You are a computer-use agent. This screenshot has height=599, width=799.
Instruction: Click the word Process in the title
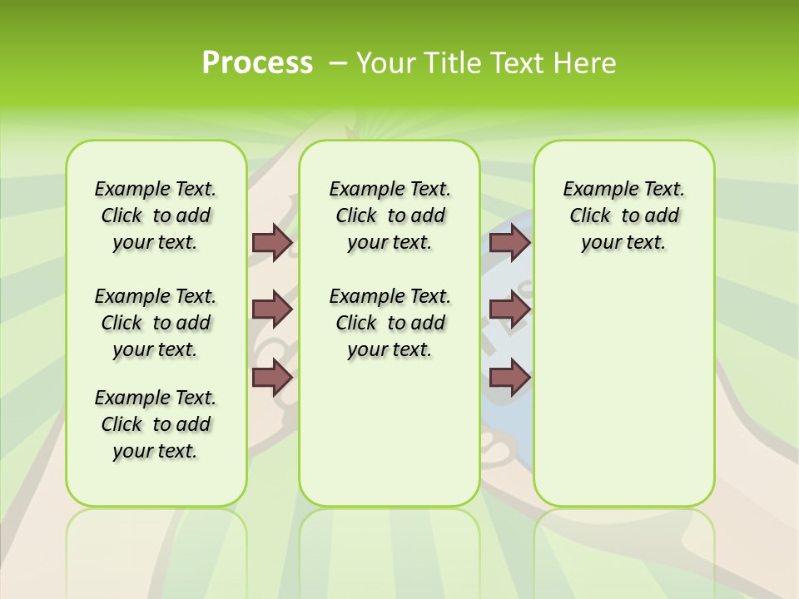point(257,62)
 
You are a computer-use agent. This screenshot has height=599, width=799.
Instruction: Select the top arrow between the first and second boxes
point(272,243)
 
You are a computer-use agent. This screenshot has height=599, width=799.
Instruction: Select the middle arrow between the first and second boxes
point(272,309)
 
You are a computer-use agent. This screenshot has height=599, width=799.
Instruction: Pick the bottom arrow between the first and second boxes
point(272,377)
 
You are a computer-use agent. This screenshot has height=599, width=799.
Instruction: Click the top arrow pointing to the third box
point(509,243)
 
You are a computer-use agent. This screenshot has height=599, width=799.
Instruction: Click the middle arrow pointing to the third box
point(509,309)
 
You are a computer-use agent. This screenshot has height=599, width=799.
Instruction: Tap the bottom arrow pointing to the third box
point(509,377)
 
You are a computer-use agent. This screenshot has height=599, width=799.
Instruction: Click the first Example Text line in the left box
point(156,189)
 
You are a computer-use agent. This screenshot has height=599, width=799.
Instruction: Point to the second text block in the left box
point(156,323)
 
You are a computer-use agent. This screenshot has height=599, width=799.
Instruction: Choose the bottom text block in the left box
point(156,424)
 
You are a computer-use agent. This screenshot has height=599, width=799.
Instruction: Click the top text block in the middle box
point(390,215)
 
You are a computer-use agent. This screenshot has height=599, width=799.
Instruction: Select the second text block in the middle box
point(390,323)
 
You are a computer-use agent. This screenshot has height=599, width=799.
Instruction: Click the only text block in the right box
point(623,215)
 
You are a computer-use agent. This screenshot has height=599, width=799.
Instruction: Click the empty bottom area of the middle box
point(390,441)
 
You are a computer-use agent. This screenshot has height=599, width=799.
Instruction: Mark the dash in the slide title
point(337,62)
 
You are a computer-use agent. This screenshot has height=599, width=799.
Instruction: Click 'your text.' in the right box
point(623,243)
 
